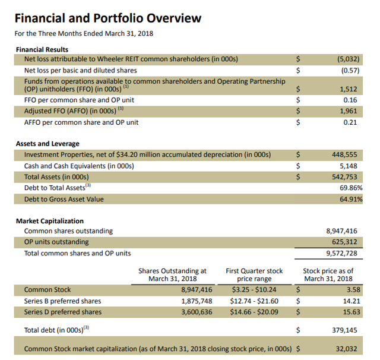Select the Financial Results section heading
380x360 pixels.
pos(42,49)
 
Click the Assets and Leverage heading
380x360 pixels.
pos(47,144)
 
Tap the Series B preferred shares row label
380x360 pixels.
pos(62,301)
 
